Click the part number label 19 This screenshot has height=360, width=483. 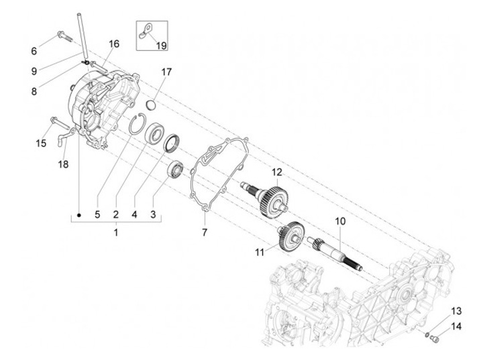pyautogui.click(x=161, y=45)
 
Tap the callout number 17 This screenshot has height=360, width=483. pyautogui.click(x=166, y=71)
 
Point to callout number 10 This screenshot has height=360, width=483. pyautogui.click(x=340, y=220)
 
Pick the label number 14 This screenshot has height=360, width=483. pyautogui.click(x=456, y=326)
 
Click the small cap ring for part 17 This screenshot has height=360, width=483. pyautogui.click(x=151, y=105)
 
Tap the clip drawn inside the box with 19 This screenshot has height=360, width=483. pyautogui.click(x=147, y=29)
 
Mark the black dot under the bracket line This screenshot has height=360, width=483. pyautogui.click(x=78, y=215)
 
